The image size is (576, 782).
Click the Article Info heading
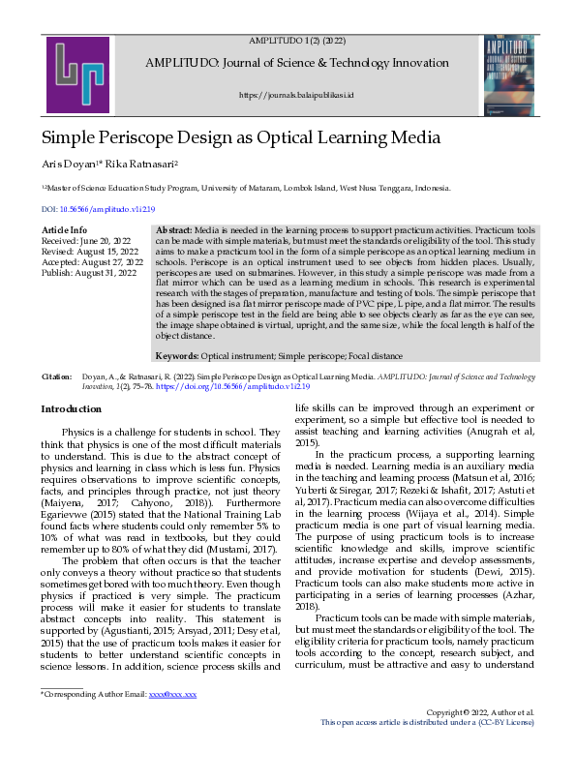pyautogui.click(x=66, y=229)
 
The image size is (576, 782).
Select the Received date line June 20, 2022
pyautogui.click(x=87, y=240)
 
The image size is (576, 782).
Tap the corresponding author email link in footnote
pyautogui.click(x=179, y=749)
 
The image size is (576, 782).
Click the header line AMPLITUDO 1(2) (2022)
pyautogui.click(x=297, y=40)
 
